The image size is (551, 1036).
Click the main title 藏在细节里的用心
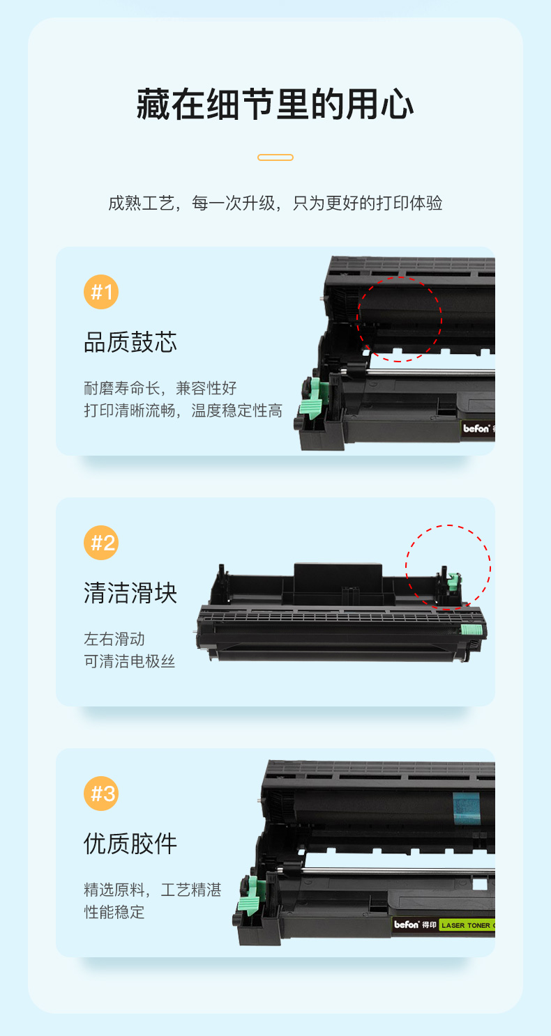tap(275, 105)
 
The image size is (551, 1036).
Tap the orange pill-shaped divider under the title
tap(275, 157)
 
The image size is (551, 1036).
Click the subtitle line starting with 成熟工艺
tap(275, 203)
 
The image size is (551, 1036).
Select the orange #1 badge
tap(101, 292)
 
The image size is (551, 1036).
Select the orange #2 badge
tap(101, 543)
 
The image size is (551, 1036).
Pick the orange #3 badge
tap(101, 793)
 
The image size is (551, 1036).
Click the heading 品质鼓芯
tap(130, 342)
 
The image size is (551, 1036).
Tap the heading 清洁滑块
tap(130, 593)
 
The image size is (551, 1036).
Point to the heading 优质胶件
tap(130, 844)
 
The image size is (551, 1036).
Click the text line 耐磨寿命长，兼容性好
tap(160, 388)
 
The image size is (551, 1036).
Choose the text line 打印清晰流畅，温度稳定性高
tap(183, 410)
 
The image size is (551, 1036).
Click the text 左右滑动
tap(114, 639)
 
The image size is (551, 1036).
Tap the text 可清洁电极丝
tap(129, 661)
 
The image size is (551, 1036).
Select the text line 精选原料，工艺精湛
tap(152, 890)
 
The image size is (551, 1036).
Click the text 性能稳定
tap(114, 911)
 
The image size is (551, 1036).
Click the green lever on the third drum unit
tap(251, 897)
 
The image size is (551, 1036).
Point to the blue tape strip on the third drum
tap(467, 808)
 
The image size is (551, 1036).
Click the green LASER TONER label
tap(467, 925)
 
